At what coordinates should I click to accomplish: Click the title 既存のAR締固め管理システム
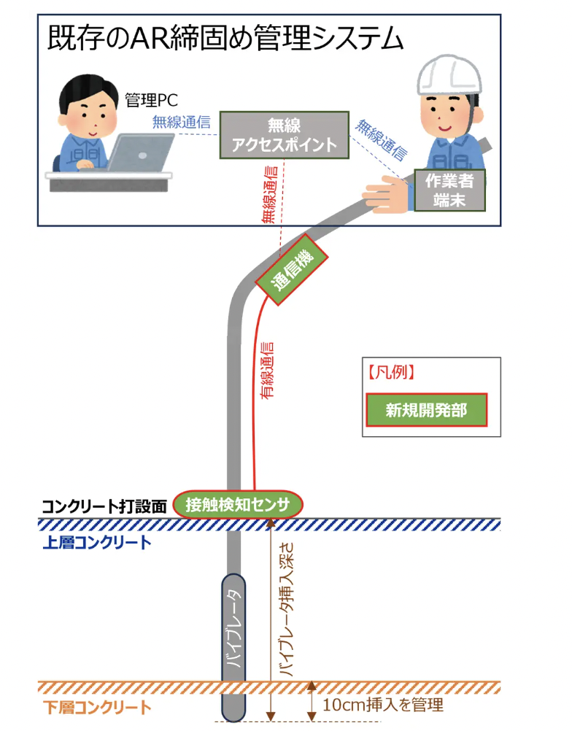tap(225, 39)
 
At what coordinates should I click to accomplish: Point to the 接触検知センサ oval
tap(238, 504)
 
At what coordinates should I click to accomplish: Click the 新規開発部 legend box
tap(425, 410)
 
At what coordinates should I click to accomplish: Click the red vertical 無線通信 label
tap(268, 194)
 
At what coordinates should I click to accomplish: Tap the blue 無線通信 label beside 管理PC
tap(181, 122)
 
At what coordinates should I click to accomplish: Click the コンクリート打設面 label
tap(105, 506)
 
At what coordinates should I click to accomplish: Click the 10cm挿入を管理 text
tap(382, 705)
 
